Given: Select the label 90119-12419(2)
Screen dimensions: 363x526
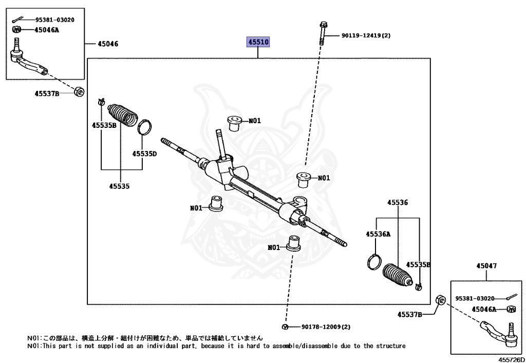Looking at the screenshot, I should [x=366, y=36].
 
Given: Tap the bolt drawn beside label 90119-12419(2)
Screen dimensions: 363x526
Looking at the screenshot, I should [x=322, y=33].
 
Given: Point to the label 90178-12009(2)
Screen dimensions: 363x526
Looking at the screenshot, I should [x=326, y=327].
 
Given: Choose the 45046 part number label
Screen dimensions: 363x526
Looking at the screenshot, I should [x=106, y=44].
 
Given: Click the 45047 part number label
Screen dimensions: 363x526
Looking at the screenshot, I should [x=486, y=266].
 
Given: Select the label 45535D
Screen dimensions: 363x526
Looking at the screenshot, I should [x=144, y=153].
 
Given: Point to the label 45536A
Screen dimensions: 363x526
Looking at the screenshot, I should [x=378, y=234].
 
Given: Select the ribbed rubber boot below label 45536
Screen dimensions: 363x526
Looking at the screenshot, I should [x=399, y=276].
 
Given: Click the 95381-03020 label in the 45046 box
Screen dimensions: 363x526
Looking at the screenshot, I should [x=54, y=20].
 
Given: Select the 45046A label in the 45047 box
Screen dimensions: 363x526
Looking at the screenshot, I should [x=484, y=309].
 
